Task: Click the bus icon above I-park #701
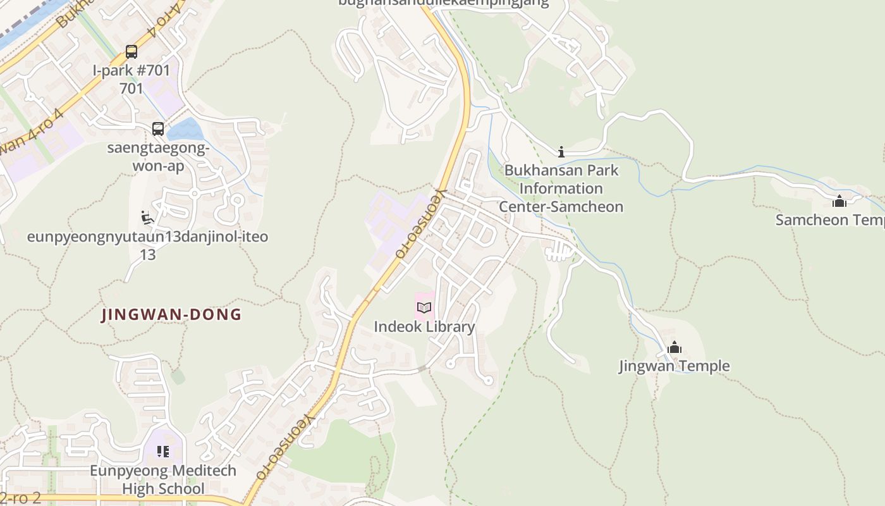tap(131, 52)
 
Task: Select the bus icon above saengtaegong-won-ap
tap(158, 129)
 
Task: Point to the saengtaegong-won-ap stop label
tap(159, 157)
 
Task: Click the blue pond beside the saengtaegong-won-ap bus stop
tap(185, 130)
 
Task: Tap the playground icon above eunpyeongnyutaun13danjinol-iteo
tap(147, 218)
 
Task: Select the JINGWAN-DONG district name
tap(171, 314)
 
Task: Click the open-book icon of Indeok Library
tap(424, 308)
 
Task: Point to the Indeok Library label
tap(424, 327)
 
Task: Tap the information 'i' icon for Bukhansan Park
tap(561, 152)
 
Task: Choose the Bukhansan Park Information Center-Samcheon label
tap(561, 188)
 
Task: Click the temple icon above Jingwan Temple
tap(674, 347)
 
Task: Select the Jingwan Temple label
tap(674, 366)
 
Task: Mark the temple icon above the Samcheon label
tap(839, 201)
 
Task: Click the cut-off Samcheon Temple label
tap(829, 220)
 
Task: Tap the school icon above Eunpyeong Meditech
tap(163, 452)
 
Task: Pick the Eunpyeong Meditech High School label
tap(163, 479)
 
